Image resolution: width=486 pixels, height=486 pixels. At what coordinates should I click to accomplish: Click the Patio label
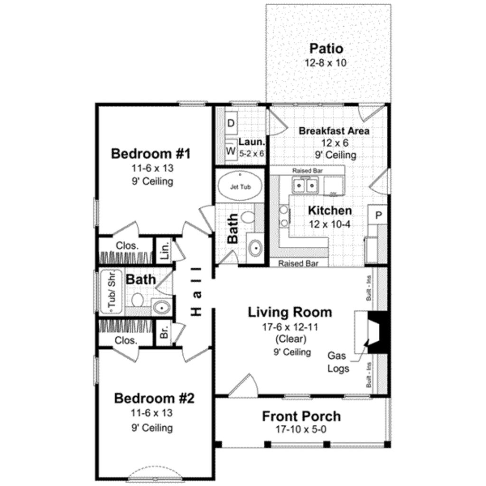[326, 48]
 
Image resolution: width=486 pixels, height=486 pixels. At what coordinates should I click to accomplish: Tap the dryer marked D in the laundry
[231, 123]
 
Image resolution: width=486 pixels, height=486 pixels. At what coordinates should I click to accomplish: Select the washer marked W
[231, 151]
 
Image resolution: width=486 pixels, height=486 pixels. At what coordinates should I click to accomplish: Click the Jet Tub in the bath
[239, 187]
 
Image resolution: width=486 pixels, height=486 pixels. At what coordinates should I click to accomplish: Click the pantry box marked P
[378, 215]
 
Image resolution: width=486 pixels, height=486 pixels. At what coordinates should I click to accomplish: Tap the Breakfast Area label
[334, 131]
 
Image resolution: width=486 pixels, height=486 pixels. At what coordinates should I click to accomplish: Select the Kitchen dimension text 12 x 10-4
[329, 224]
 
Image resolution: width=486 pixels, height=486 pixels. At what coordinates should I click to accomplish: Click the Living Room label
[290, 312]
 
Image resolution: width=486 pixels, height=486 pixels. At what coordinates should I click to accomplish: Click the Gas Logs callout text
[338, 362]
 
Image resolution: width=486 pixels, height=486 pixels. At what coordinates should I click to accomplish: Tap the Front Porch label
[301, 416]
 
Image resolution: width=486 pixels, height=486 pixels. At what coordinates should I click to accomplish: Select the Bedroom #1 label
[150, 154]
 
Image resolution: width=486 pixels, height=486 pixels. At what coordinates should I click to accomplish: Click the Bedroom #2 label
[154, 398]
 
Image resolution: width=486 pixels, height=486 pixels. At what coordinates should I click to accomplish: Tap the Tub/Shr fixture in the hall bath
[111, 293]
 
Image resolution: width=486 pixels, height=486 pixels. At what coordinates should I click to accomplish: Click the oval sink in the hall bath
[161, 308]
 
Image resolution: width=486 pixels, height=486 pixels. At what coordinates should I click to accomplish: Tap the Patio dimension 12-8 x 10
[326, 62]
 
